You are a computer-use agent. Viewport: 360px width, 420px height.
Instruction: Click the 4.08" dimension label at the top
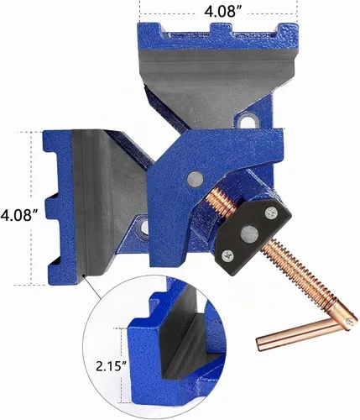(223, 11)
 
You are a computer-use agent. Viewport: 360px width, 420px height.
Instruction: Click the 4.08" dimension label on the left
(19, 215)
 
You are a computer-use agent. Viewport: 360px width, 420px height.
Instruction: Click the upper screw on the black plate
(271, 213)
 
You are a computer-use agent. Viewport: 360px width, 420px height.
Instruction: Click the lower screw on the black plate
(228, 255)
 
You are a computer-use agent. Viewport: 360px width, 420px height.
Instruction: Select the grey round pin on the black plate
(249, 234)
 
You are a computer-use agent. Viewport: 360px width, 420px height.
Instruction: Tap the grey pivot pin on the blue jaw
(195, 178)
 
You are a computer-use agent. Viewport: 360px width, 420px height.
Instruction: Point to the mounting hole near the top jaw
(248, 121)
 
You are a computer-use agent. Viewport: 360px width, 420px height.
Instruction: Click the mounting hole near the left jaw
(143, 227)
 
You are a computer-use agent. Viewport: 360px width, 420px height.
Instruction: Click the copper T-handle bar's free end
(259, 345)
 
